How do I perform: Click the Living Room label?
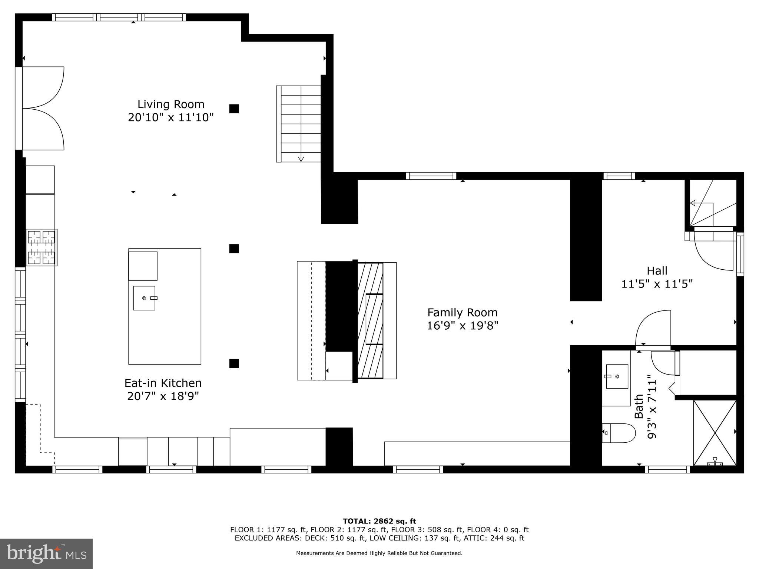click(171, 104)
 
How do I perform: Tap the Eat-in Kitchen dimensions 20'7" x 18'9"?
click(163, 396)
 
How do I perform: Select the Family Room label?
click(462, 312)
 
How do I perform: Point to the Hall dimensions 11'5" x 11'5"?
click(657, 284)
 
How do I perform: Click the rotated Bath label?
click(639, 407)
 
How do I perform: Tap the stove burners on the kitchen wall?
click(42, 247)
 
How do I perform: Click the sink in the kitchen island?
click(144, 298)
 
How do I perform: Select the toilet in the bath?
click(618, 433)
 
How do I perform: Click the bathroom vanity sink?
click(617, 376)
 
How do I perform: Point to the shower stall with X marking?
click(715, 433)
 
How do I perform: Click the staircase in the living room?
click(299, 124)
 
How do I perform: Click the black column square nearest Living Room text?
click(234, 109)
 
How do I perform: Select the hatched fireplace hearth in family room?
click(370, 320)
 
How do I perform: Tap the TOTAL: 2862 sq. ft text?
click(379, 522)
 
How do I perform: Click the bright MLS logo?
click(46, 554)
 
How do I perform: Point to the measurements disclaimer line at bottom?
click(379, 553)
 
